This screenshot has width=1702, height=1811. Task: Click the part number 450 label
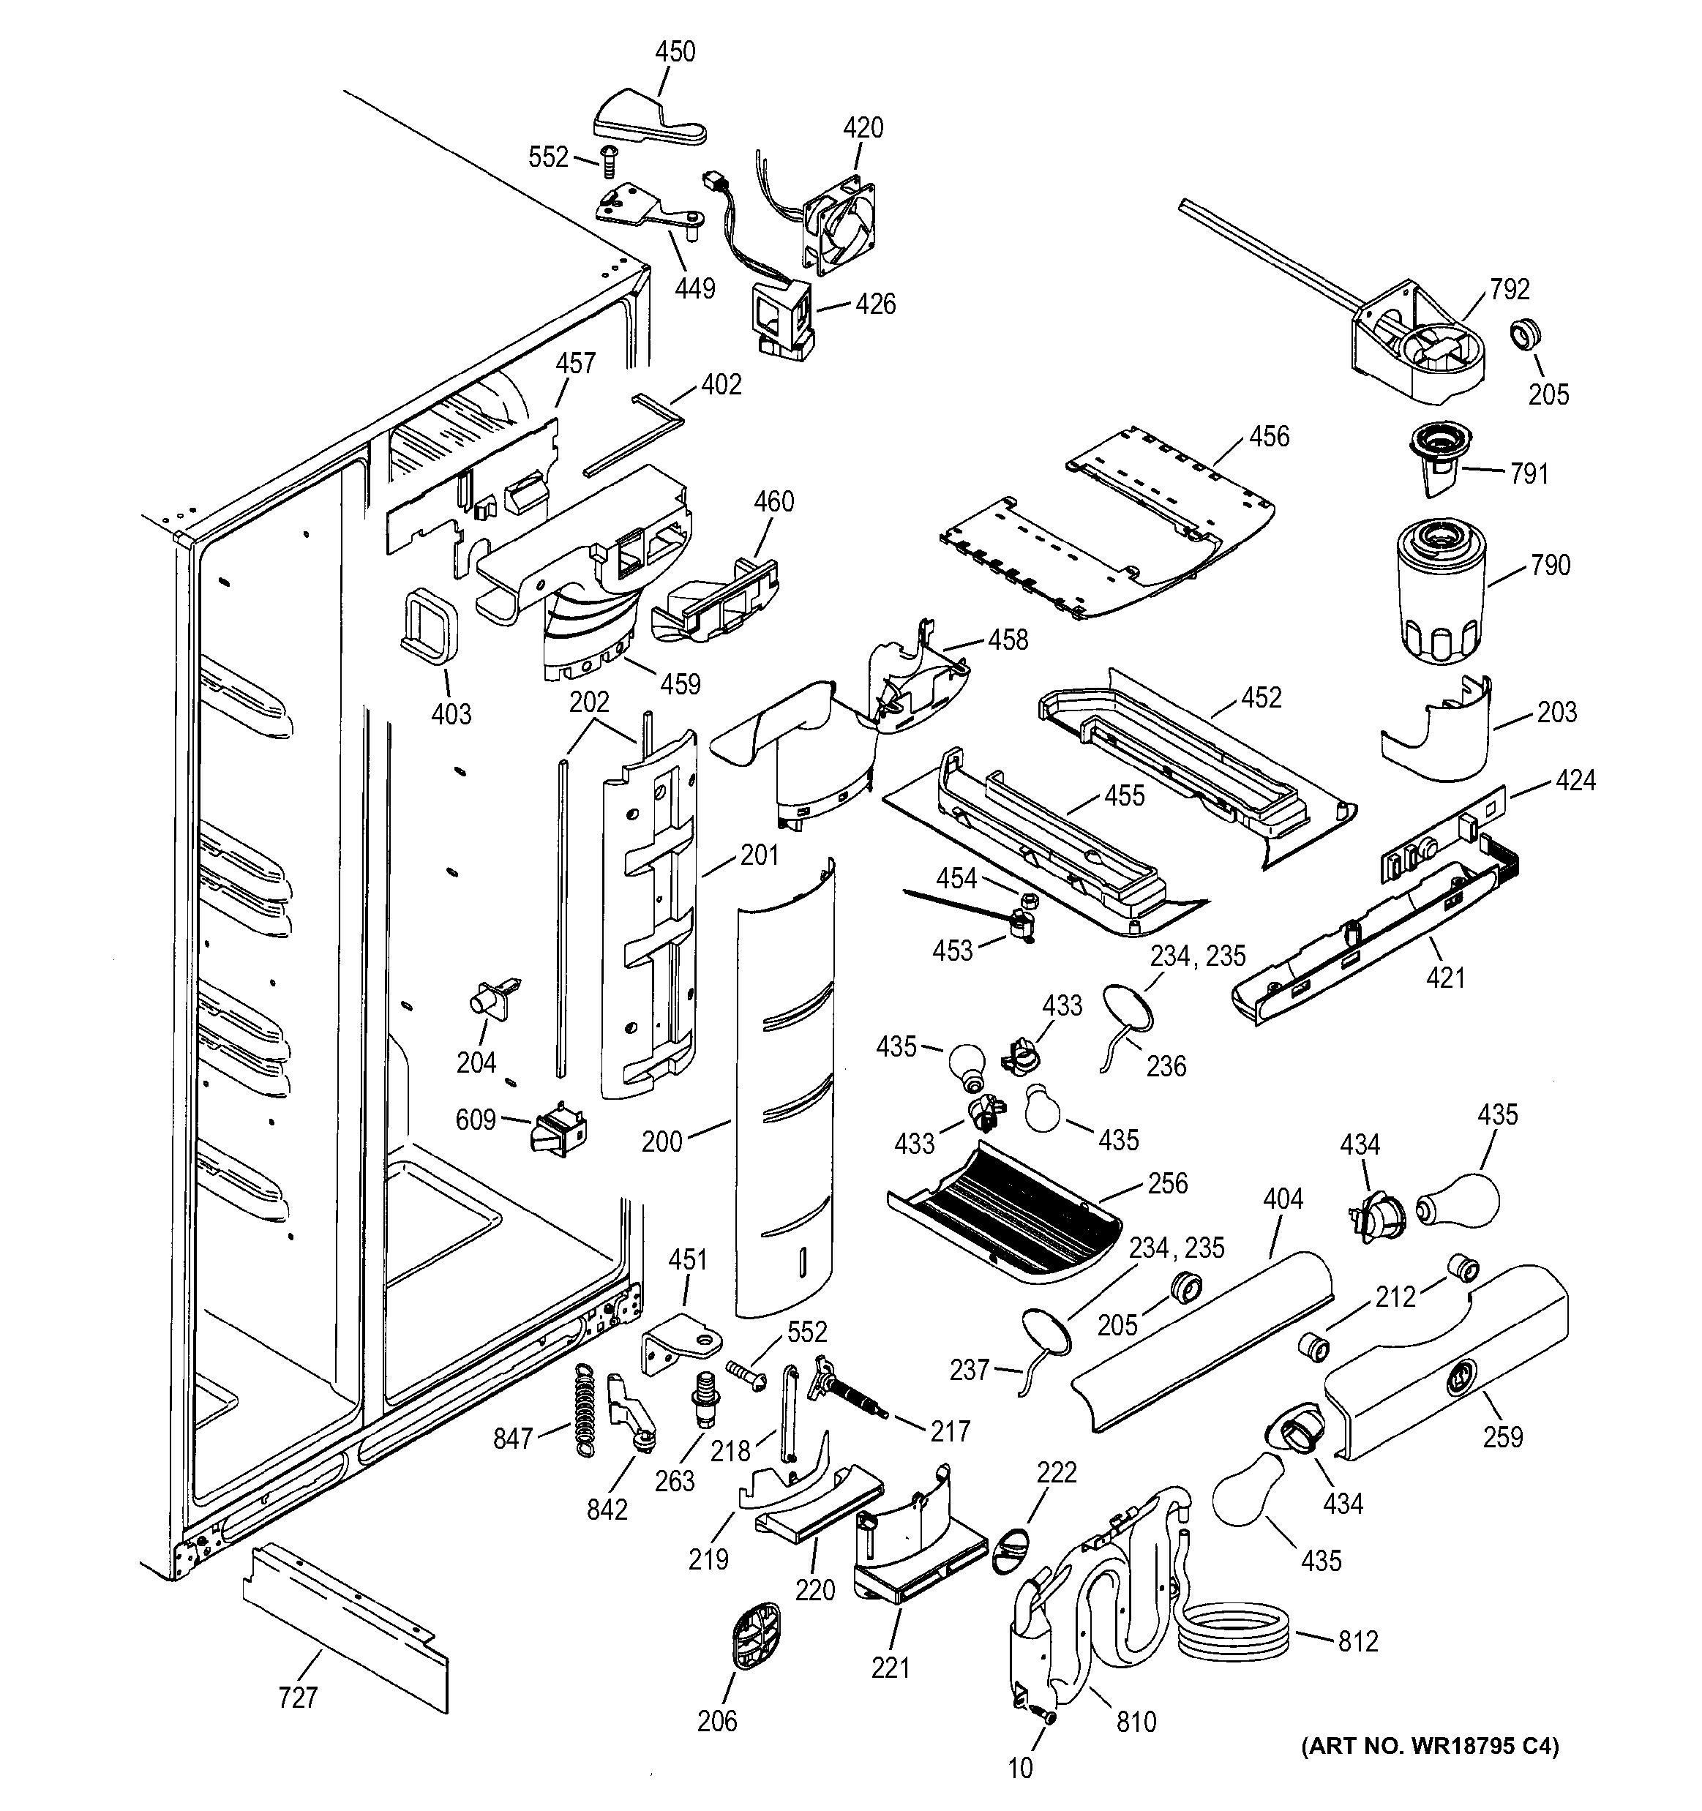[x=675, y=52]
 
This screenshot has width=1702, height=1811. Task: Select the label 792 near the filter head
[x=1509, y=290]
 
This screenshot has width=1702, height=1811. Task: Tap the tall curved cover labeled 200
[x=785, y=1093]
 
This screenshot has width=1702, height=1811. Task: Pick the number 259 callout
[x=1502, y=1436]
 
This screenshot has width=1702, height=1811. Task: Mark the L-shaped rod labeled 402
[x=632, y=435]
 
